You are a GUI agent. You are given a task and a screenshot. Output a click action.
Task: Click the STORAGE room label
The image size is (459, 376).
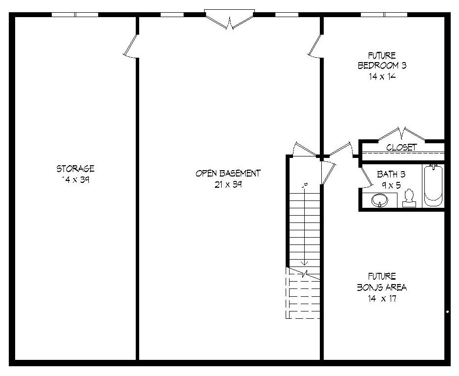tap(75, 169)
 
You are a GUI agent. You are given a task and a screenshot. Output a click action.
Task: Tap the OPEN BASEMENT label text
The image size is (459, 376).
tap(228, 173)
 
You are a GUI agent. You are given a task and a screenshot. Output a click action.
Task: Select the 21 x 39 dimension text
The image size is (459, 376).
tap(228, 184)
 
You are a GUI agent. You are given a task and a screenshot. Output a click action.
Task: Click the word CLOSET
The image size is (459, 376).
tap(401, 147)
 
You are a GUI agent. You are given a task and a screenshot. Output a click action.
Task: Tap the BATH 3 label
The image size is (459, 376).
tap(391, 174)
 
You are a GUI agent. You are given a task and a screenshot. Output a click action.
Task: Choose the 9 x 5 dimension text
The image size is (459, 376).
tap(391, 185)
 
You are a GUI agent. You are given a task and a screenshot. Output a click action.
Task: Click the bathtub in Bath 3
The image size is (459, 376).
tap(433, 186)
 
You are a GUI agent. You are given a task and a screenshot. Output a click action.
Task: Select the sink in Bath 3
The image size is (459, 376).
tap(379, 199)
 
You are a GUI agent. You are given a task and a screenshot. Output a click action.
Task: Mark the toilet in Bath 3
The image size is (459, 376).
tap(409, 199)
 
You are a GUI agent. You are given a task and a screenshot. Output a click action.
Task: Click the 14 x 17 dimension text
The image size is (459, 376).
tap(382, 298)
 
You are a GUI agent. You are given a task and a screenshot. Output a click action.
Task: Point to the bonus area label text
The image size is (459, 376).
tap(382, 287)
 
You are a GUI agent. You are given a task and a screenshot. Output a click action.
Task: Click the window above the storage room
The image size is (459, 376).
tap(75, 15)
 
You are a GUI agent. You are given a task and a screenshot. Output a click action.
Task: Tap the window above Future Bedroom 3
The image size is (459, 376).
tap(384, 15)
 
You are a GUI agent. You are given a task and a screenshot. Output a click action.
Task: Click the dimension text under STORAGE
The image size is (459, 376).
tap(75, 179)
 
